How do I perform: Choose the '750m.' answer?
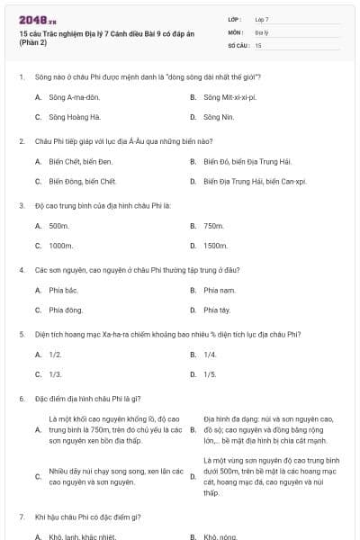point(213,225)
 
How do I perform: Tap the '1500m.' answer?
point(215,246)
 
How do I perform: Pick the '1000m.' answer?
point(60,246)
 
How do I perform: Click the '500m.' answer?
point(58,225)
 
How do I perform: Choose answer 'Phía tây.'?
point(217,310)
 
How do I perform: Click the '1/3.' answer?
point(55,374)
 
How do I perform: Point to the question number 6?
point(21,399)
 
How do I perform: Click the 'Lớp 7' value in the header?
point(262,19)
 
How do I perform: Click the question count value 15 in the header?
point(258,44)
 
